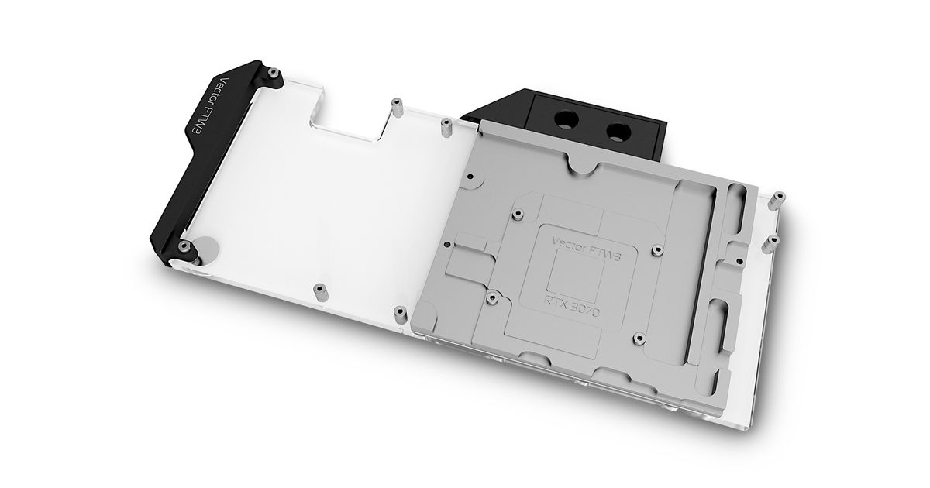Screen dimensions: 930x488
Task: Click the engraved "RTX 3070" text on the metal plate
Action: point(572,307)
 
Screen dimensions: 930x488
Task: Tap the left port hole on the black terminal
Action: point(565,121)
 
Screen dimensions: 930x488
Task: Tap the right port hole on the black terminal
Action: point(618,131)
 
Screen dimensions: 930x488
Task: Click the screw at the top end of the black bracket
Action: point(273,74)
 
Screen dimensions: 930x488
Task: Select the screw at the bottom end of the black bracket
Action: point(184,246)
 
